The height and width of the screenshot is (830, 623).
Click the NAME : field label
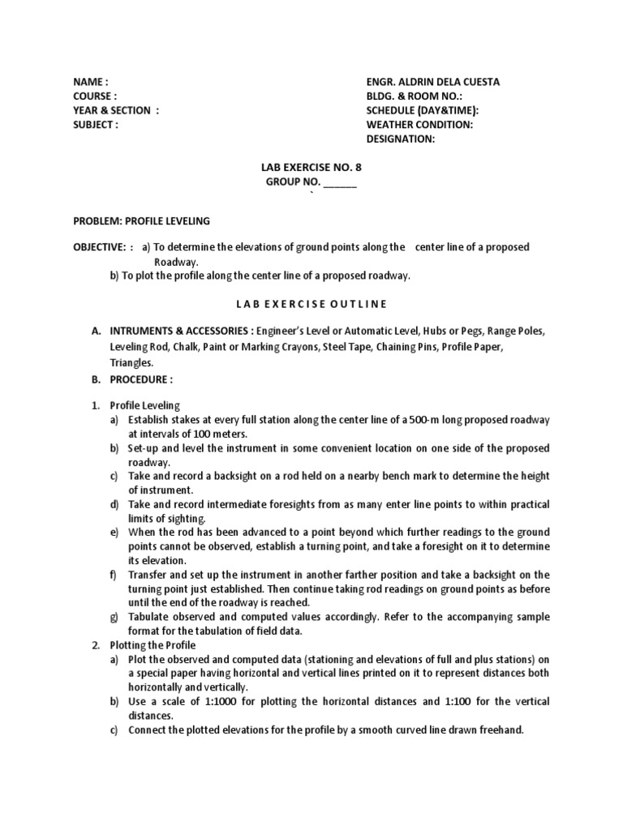[90, 82]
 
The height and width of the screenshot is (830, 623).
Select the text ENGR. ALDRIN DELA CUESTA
[433, 82]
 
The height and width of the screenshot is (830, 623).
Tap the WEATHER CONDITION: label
[419, 125]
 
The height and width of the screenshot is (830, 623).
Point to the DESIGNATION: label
[401, 139]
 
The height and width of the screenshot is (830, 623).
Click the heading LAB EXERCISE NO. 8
[311, 168]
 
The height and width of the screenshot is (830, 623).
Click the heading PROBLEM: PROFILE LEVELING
[142, 221]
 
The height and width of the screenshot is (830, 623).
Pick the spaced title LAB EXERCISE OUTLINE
[311, 304]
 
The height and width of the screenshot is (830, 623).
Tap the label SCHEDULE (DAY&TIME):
[422, 110]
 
